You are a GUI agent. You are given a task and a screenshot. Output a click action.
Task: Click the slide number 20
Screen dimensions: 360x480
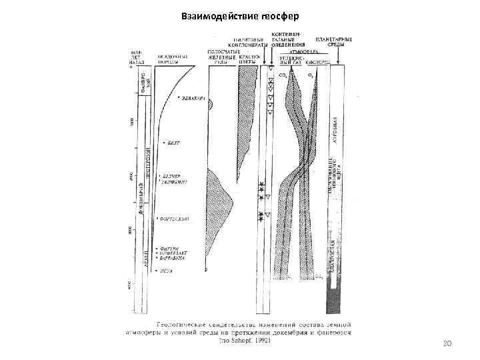coord(447,343)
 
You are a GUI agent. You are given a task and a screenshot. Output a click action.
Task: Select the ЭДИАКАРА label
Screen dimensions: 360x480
coord(194,99)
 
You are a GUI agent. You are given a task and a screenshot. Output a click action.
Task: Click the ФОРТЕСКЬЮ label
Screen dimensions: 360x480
coord(175,218)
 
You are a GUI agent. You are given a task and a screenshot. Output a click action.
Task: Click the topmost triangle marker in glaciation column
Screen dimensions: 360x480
coord(271,69)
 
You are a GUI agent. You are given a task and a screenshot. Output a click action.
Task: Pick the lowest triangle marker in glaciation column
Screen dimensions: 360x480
coord(267,215)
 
